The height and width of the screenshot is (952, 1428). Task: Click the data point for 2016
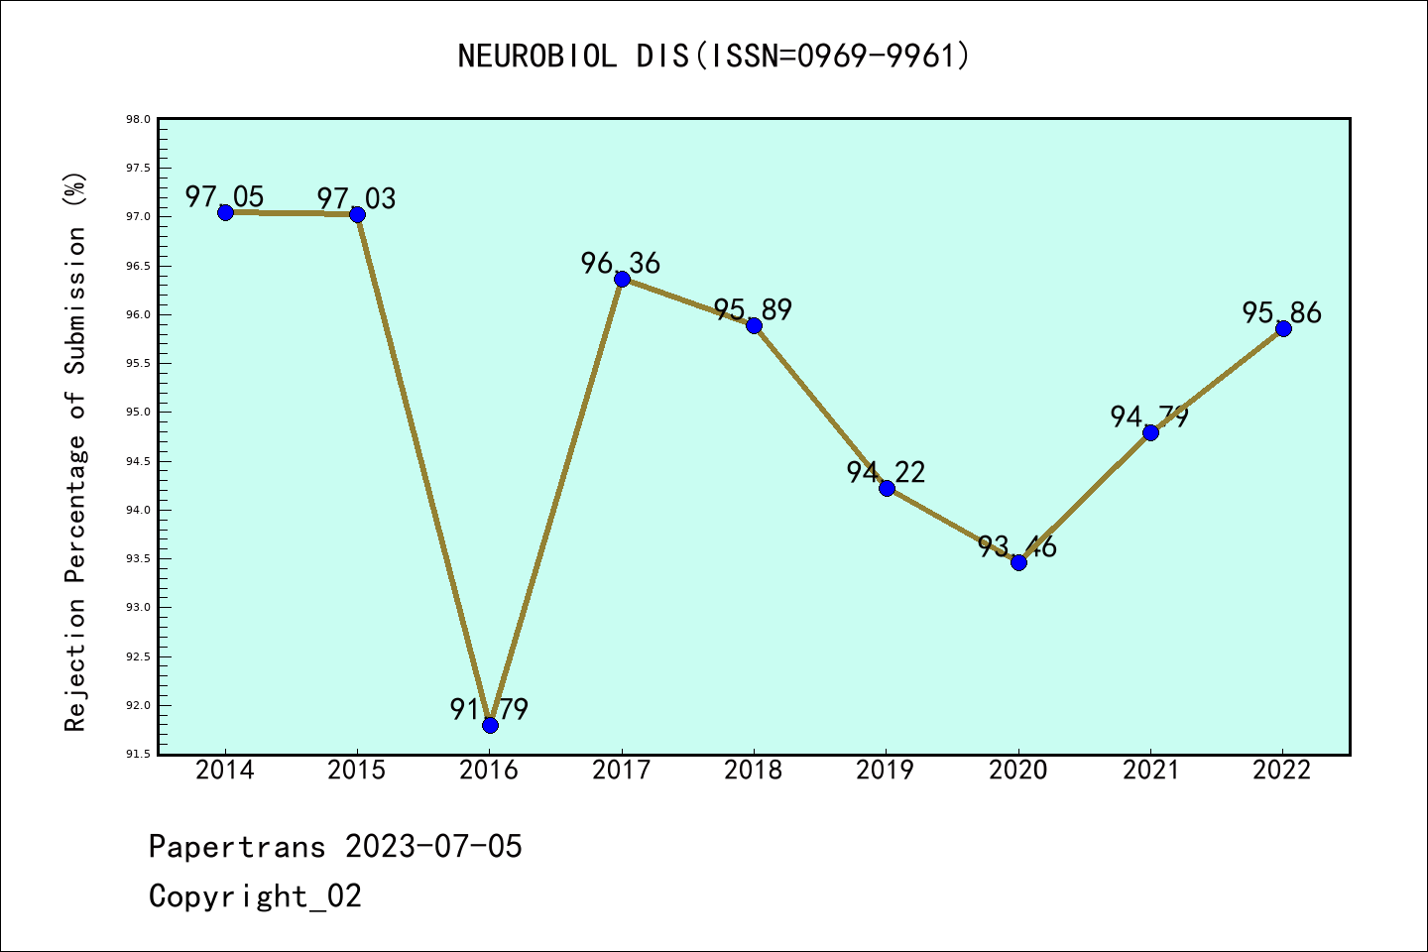tap(490, 725)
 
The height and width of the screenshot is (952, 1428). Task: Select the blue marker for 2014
tap(225, 212)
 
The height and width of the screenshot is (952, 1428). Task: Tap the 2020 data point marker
tap(1018, 562)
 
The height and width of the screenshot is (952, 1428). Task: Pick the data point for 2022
tap(1283, 328)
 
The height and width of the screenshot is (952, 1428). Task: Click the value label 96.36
tap(621, 263)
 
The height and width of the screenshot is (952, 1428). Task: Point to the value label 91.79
tap(489, 709)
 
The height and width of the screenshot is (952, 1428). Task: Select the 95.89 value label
tap(754, 309)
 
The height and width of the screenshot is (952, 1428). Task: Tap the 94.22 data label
tap(886, 472)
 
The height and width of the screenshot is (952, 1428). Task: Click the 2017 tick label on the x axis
tap(622, 771)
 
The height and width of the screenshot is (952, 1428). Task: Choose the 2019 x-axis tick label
tap(886, 771)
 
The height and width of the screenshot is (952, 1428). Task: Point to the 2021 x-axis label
tap(1150, 771)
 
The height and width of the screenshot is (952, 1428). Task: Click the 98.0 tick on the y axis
tap(138, 120)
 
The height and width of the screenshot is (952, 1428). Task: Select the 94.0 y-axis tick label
tap(138, 510)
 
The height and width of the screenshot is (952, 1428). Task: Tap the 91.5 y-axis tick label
tap(138, 754)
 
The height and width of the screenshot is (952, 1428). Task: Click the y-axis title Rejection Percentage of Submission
tap(75, 451)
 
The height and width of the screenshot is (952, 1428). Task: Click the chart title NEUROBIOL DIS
tap(714, 56)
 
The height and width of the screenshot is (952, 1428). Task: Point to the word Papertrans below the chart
tap(237, 847)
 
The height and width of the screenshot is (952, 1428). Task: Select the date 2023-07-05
tap(433, 847)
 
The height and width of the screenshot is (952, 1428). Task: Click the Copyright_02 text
tap(255, 896)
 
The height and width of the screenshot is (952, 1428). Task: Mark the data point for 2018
tap(754, 325)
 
